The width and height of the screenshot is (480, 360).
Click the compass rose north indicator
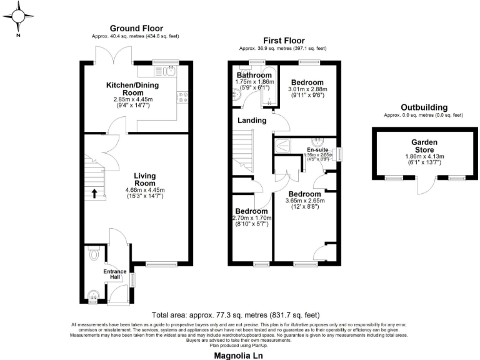19,17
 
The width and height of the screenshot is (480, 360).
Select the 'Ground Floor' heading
136,28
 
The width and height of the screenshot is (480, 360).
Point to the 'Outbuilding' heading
423,107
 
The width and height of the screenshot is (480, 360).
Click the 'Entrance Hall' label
115,275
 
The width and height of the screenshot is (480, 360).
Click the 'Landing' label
252,120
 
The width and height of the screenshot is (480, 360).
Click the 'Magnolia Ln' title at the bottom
240,354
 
